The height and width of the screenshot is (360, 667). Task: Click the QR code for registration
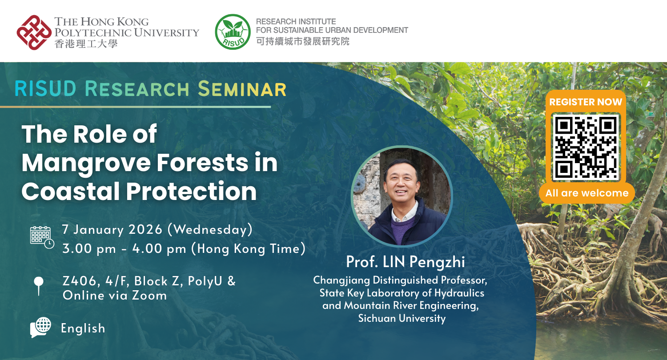pyautogui.click(x=586, y=148)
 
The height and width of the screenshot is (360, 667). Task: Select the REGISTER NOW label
pyautogui.click(x=586, y=102)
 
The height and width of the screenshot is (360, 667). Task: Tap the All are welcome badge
pyautogui.click(x=587, y=193)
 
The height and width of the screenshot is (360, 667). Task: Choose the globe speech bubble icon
pyautogui.click(x=41, y=328)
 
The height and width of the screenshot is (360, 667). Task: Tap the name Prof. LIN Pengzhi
pyautogui.click(x=405, y=262)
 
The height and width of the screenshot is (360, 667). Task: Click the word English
pyautogui.click(x=83, y=328)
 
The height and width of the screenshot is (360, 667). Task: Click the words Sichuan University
pyautogui.click(x=402, y=319)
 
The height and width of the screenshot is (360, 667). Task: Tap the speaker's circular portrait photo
pyautogui.click(x=402, y=196)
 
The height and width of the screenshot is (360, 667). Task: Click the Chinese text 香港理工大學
pyautogui.click(x=86, y=44)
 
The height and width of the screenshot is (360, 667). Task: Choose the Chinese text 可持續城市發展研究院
pyautogui.click(x=303, y=42)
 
